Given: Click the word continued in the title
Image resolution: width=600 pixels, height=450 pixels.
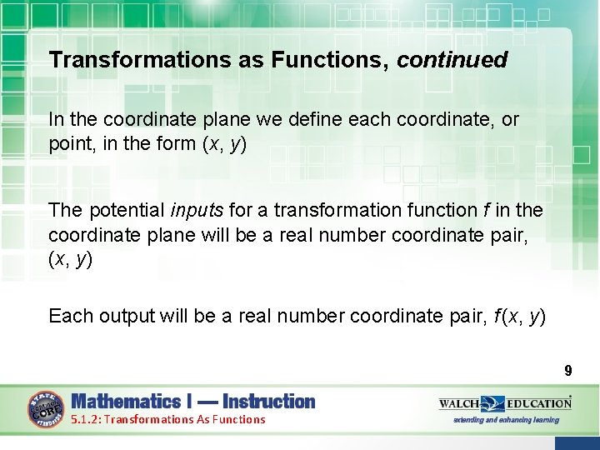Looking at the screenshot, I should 452,60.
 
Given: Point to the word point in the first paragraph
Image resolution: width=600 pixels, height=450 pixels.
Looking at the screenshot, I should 68,143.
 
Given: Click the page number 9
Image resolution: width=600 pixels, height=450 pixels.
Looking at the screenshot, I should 567,371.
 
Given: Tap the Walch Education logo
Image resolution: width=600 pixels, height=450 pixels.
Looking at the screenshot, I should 505,403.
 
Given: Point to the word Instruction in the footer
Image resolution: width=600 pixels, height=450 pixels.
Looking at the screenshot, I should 269,402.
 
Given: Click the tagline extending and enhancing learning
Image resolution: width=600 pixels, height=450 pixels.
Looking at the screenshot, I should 506,420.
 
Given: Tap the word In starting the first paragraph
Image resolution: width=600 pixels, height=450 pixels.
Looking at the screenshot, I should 57,120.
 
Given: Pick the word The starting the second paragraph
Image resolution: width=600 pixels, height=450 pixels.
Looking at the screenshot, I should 65,209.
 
